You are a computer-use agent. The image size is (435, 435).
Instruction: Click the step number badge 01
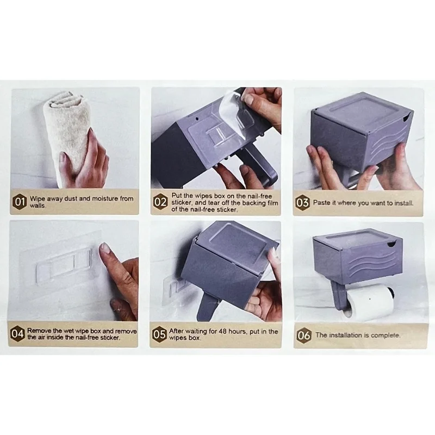(x=19, y=202)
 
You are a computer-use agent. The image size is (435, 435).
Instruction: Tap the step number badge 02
(x=160, y=202)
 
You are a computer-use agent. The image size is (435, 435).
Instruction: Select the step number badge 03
(x=302, y=203)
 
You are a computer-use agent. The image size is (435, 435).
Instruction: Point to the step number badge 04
(x=17, y=334)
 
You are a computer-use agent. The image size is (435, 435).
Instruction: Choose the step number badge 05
(x=159, y=334)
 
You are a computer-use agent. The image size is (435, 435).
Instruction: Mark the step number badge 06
(x=304, y=335)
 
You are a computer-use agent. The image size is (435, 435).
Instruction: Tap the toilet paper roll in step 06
(x=369, y=301)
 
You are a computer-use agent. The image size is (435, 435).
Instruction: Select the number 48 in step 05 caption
(x=222, y=331)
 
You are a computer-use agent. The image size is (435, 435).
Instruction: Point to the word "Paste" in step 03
(x=322, y=203)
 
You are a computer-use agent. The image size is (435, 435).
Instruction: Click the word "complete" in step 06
(x=386, y=335)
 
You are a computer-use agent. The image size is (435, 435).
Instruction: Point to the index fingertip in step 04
(x=104, y=247)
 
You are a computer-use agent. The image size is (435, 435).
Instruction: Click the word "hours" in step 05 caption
(x=238, y=331)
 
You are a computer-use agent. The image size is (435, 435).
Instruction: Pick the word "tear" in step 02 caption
(x=214, y=203)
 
